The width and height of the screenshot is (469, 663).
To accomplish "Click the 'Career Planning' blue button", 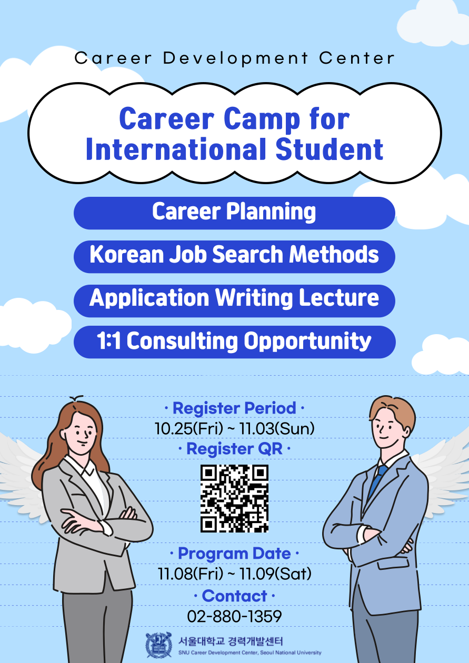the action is [x=234, y=213].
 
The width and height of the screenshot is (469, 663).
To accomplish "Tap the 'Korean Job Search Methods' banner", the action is [x=234, y=257].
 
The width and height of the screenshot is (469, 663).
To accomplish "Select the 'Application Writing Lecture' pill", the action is [x=234, y=301].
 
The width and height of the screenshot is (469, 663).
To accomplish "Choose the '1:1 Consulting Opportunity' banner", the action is [x=235, y=342].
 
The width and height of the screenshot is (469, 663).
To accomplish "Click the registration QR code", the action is [x=235, y=498].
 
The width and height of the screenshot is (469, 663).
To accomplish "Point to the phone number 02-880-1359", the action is [x=235, y=616].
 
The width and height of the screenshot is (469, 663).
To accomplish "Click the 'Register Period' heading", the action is [x=235, y=408].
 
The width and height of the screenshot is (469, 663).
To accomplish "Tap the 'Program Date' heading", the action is [x=235, y=554].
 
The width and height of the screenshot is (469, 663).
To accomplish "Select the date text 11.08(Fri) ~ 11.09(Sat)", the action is [x=235, y=574].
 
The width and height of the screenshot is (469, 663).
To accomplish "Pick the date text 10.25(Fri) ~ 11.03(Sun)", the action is [x=235, y=428].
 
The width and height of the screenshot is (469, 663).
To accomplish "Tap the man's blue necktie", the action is [x=377, y=479].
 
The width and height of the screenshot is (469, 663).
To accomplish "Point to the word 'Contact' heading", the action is [x=235, y=596].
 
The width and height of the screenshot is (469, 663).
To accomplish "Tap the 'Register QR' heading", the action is [x=235, y=449].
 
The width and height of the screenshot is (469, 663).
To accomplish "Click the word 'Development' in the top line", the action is [x=236, y=58].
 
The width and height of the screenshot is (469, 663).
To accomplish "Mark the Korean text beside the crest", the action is [x=231, y=641].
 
